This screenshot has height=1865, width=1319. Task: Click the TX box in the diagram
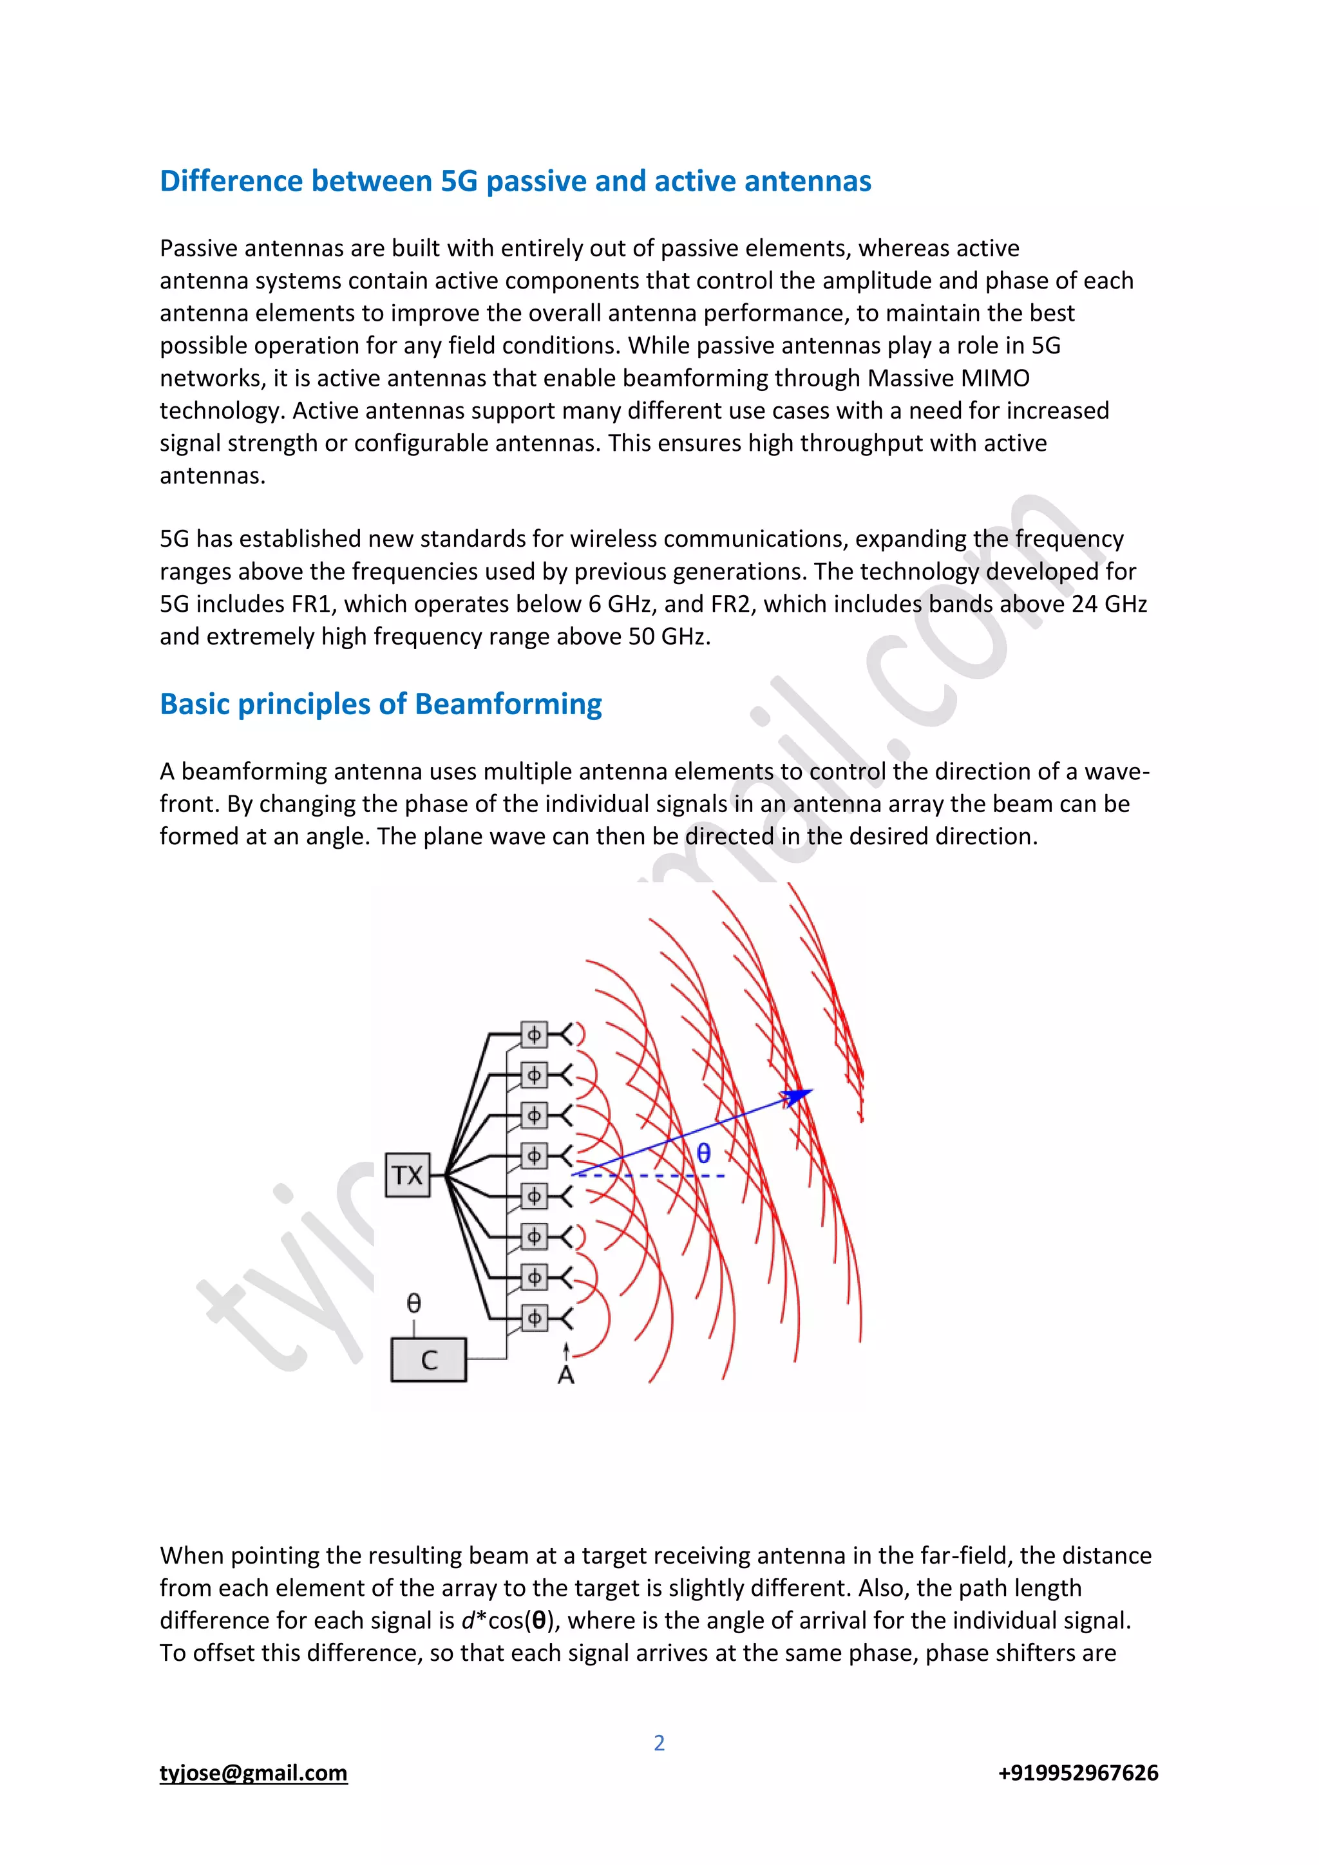pyautogui.click(x=407, y=1175)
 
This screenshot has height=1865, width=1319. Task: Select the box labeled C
pyautogui.click(x=429, y=1359)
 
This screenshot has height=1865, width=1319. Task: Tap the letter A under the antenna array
pyautogui.click(x=566, y=1375)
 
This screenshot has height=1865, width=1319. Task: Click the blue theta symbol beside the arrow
pyautogui.click(x=703, y=1153)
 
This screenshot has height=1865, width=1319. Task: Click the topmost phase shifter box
pyautogui.click(x=534, y=1035)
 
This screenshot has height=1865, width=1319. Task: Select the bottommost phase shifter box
pyautogui.click(x=534, y=1318)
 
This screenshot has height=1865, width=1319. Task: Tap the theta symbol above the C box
pyautogui.click(x=413, y=1303)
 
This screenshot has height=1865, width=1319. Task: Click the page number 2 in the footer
pyautogui.click(x=659, y=1743)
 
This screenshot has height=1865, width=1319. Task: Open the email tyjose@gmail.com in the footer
pyautogui.click(x=253, y=1772)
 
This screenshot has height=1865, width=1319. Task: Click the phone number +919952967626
pyautogui.click(x=1077, y=1772)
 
